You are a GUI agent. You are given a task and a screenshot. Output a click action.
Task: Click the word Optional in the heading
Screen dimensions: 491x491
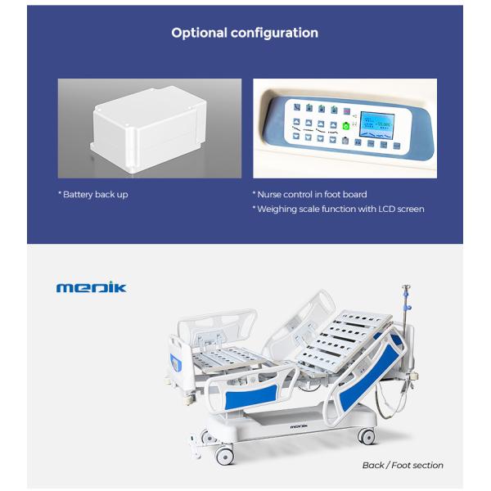(199, 34)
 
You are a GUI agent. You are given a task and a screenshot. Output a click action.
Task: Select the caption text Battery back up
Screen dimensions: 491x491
(95, 195)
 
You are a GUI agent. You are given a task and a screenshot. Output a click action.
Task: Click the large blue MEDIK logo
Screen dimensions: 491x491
(91, 288)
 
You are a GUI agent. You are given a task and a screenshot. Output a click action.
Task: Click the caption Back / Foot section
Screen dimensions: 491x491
(403, 465)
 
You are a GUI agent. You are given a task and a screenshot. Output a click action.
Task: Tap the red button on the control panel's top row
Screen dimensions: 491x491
(347, 110)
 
